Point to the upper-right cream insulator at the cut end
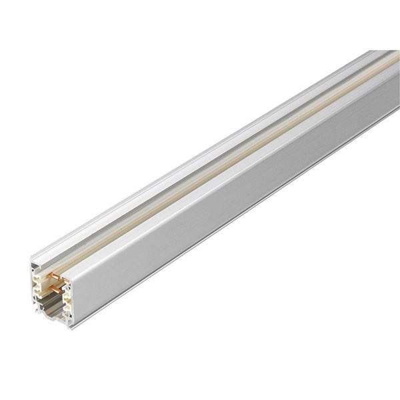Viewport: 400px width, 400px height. (67, 292)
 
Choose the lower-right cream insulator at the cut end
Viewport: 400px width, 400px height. (67, 308)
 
